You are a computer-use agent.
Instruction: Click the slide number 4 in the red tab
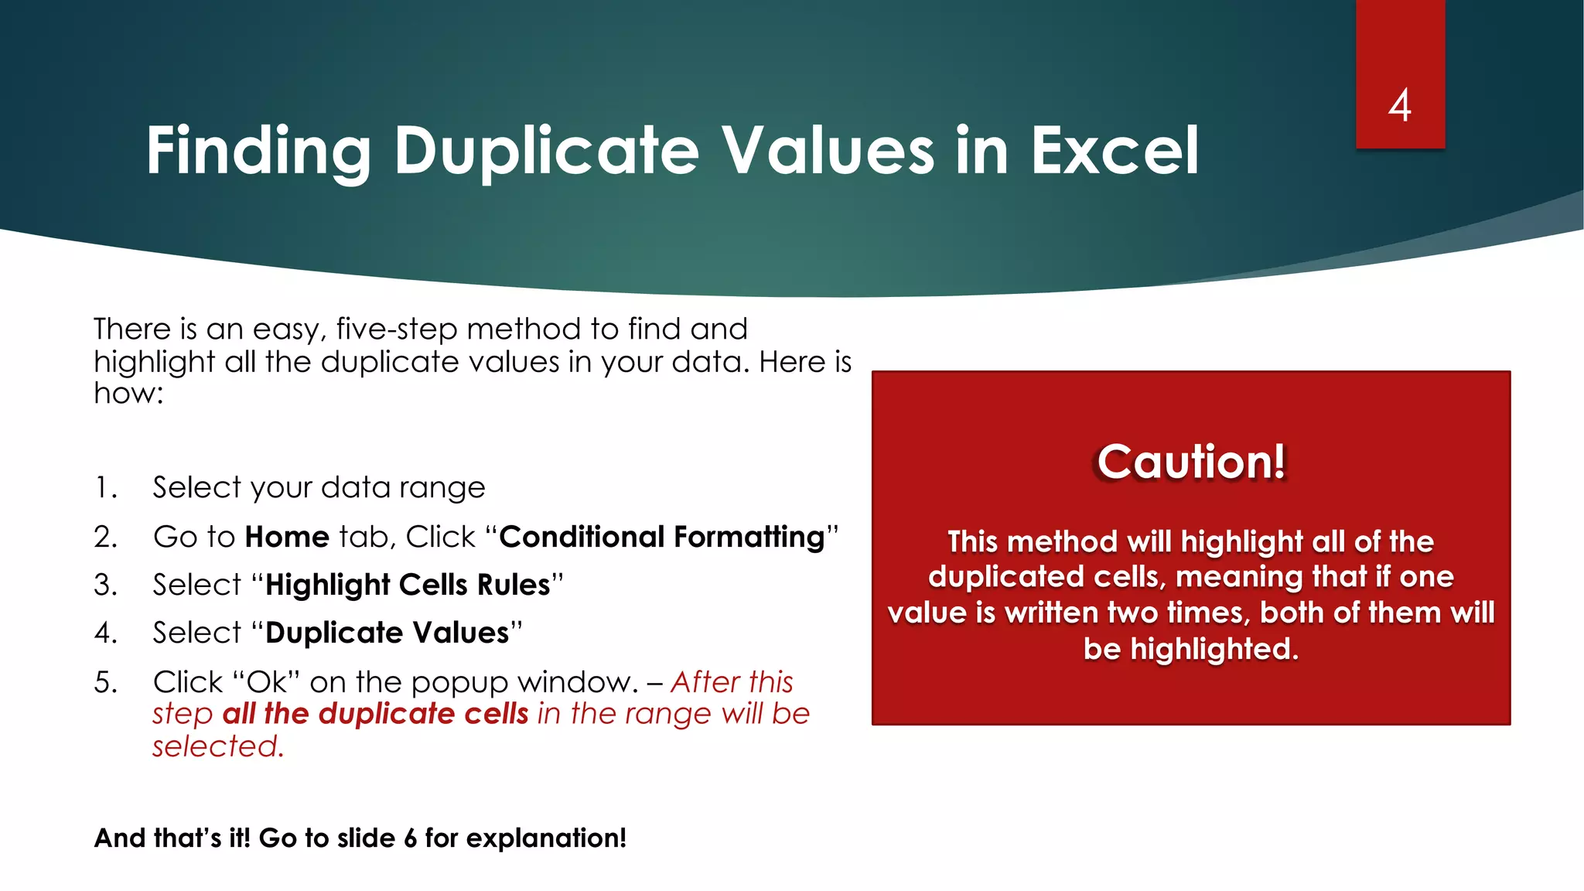click(x=1399, y=105)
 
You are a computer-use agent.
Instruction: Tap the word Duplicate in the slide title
click(x=547, y=151)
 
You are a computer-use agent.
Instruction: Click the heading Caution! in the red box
click(x=1191, y=462)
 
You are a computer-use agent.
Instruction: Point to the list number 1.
click(x=104, y=488)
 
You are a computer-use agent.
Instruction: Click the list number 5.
click(x=104, y=683)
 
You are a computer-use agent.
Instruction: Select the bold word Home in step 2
click(x=287, y=537)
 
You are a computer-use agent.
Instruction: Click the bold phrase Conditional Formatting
click(x=662, y=537)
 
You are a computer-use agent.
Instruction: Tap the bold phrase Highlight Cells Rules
click(x=408, y=585)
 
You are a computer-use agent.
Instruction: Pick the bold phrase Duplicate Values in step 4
click(x=387, y=633)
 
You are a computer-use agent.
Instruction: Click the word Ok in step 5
click(x=266, y=683)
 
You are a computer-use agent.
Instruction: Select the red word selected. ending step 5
click(x=218, y=747)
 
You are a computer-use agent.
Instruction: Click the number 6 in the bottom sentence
click(x=410, y=838)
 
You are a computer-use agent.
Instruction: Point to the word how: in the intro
click(x=128, y=394)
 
